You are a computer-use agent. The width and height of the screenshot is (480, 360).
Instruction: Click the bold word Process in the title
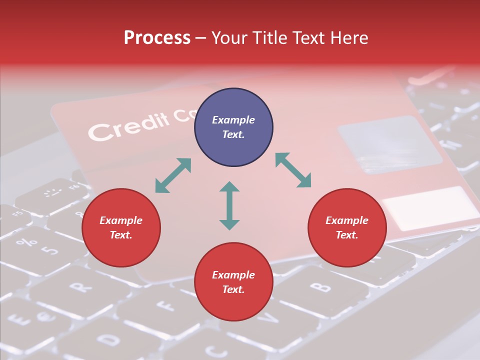(157, 38)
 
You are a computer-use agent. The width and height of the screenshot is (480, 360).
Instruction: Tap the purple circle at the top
(233, 127)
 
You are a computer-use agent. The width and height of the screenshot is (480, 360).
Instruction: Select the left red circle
(121, 228)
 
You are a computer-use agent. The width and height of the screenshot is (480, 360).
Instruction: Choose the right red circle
(347, 228)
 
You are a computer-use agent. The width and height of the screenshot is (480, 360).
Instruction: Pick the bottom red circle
(233, 282)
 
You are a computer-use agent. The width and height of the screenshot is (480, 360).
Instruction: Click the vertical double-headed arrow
(229, 205)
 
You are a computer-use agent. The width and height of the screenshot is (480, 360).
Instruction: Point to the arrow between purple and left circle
(173, 175)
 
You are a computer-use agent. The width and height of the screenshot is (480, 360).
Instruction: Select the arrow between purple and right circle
(293, 170)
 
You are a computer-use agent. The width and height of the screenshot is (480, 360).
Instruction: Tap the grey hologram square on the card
(390, 145)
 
